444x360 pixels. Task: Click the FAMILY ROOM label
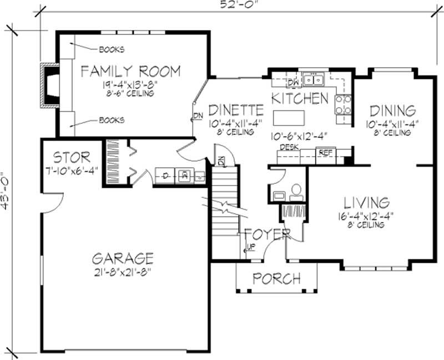(x=130, y=71)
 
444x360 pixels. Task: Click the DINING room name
(x=392, y=109)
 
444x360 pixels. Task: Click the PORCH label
(x=276, y=278)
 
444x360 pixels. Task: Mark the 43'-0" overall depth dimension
(x=6, y=189)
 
